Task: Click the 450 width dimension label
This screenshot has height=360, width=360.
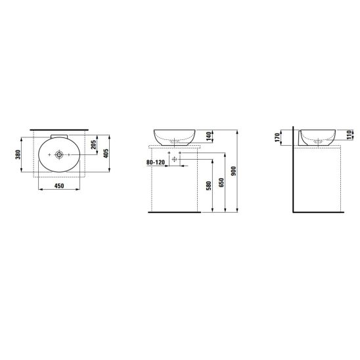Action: [59, 186]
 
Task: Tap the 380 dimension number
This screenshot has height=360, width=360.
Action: [18, 154]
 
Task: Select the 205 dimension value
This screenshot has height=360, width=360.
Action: [93, 145]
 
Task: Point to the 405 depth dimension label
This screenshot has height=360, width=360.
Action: [106, 153]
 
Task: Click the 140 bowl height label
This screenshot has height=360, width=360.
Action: [208, 136]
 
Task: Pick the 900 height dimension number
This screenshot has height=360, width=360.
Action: [233, 171]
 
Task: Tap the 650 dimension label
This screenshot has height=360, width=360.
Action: [221, 183]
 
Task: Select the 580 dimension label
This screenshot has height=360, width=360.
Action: [208, 186]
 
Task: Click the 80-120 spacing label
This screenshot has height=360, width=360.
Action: [156, 162]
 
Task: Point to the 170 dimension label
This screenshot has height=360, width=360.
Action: [277, 137]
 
